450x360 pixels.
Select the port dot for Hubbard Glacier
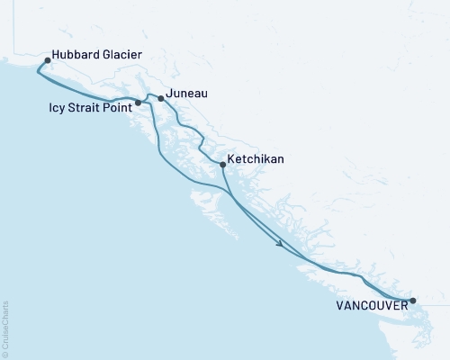click(x=48, y=61)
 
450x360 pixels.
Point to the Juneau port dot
click(x=160, y=97)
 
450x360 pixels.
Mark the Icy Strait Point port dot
click(x=138, y=103)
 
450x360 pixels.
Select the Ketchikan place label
click(x=256, y=158)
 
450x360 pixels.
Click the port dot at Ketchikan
click(x=221, y=164)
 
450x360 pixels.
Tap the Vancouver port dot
click(x=412, y=301)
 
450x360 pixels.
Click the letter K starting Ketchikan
click(x=232, y=158)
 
